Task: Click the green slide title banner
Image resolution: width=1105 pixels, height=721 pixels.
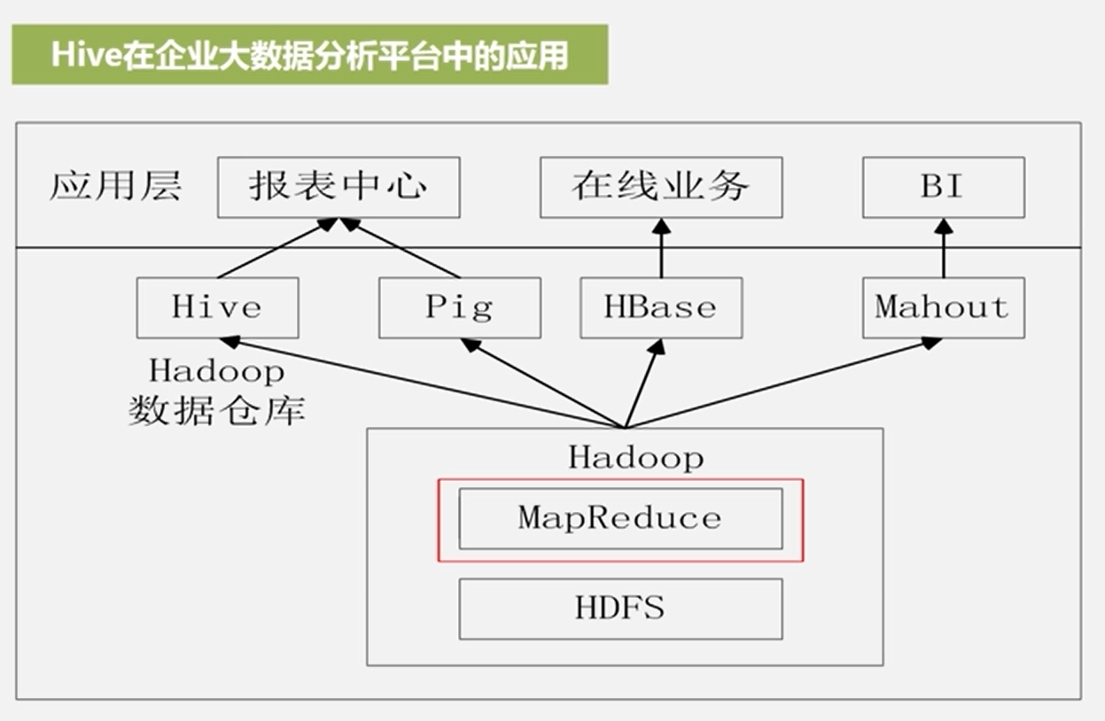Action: (x=309, y=55)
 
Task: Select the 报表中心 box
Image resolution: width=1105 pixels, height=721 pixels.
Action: (x=339, y=187)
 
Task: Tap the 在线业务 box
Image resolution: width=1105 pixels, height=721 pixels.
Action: (x=661, y=187)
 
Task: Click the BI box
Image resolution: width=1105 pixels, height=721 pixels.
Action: (x=943, y=187)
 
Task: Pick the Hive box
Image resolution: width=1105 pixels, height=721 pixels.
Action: (x=217, y=307)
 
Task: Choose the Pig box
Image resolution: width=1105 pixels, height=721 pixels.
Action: (x=459, y=307)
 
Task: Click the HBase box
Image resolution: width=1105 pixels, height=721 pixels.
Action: (x=661, y=307)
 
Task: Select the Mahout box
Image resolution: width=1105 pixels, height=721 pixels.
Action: (x=943, y=307)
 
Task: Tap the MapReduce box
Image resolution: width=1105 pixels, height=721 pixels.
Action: (x=620, y=518)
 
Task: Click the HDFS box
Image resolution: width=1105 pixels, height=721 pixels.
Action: (x=620, y=609)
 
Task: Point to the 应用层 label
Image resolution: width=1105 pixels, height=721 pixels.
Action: (x=115, y=187)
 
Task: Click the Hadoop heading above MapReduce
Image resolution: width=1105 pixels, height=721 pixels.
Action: (x=635, y=458)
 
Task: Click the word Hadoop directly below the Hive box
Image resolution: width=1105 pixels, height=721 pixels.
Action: (x=217, y=370)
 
